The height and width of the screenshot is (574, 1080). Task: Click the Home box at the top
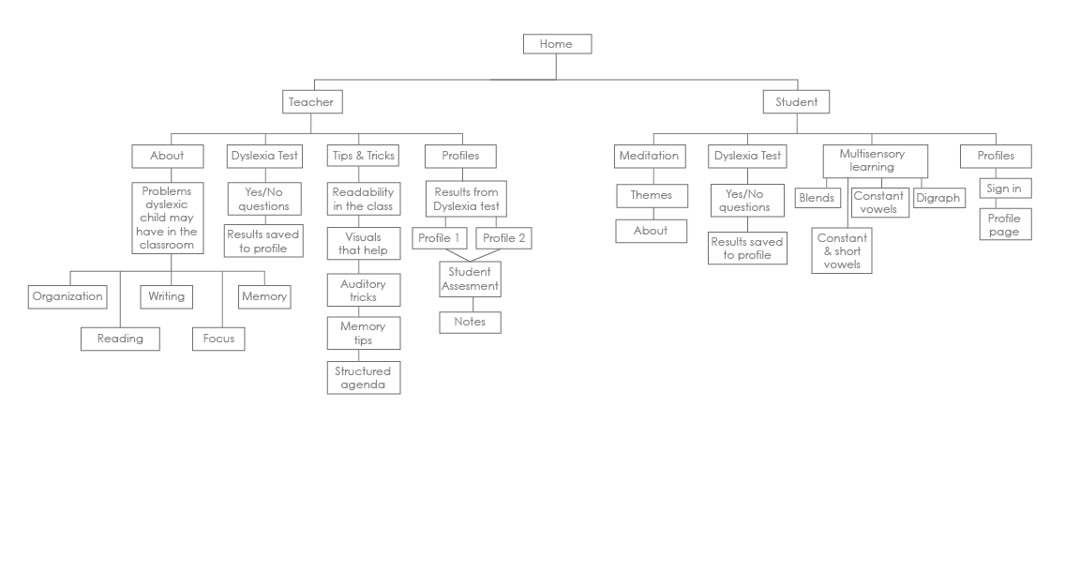click(556, 44)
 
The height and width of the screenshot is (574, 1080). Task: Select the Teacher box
click(309, 101)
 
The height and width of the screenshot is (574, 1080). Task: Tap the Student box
click(796, 101)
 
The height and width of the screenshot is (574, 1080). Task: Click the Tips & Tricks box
click(362, 156)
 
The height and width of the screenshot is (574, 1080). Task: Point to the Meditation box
click(648, 156)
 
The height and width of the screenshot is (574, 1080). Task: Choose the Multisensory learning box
click(876, 160)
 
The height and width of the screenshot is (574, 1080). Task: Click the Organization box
click(67, 297)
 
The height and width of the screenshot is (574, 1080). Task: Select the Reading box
click(120, 339)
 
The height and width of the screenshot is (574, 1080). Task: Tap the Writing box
click(167, 297)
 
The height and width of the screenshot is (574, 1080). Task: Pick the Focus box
click(218, 339)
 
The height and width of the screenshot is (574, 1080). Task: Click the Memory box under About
click(263, 297)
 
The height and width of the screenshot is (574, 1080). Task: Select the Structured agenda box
click(363, 378)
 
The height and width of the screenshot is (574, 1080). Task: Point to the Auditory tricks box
click(363, 291)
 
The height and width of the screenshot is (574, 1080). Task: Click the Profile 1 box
click(439, 238)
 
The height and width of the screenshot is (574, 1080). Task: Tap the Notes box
click(470, 322)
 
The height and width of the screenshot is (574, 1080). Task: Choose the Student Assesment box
click(471, 279)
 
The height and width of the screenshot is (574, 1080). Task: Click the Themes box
click(652, 196)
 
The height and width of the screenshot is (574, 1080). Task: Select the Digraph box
click(938, 199)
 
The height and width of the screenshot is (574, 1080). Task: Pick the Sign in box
click(1003, 189)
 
